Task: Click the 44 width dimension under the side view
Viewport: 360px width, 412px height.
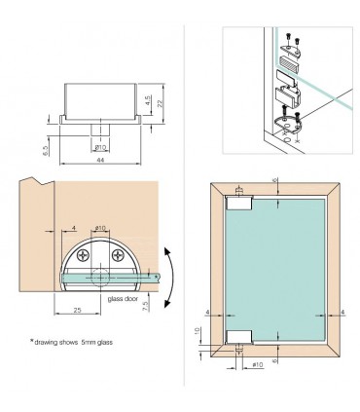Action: (x=100, y=161)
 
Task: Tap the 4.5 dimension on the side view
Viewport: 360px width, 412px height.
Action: (x=146, y=100)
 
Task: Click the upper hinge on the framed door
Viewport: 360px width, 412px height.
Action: (x=238, y=203)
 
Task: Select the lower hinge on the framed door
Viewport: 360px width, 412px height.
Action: (x=238, y=338)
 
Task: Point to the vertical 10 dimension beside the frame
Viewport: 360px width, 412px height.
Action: (x=198, y=333)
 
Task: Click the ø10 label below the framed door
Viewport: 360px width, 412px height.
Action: (x=258, y=364)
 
